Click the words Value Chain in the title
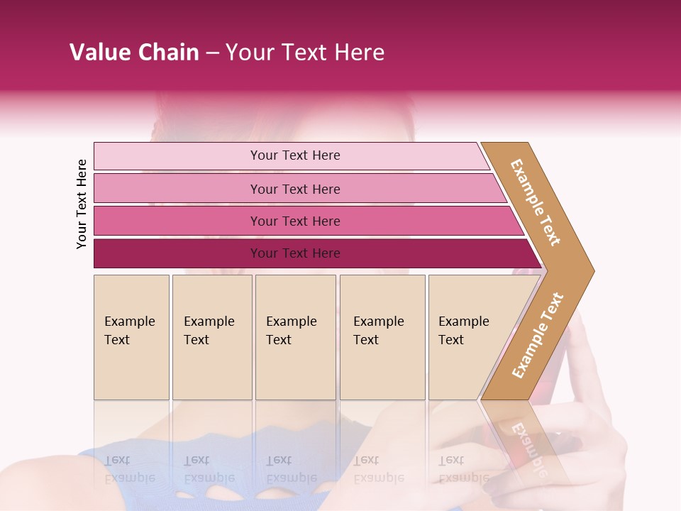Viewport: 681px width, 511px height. (x=134, y=53)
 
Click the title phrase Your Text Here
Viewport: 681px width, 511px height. (x=305, y=53)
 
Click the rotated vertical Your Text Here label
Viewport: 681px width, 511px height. (x=82, y=204)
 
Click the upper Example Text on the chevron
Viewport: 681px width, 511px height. (x=536, y=202)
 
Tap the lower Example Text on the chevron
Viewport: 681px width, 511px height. (x=537, y=336)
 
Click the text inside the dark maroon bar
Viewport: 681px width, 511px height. (x=295, y=253)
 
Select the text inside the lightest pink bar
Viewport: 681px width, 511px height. (x=295, y=155)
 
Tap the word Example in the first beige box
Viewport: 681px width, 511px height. (x=129, y=322)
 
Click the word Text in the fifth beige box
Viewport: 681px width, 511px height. (x=450, y=340)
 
